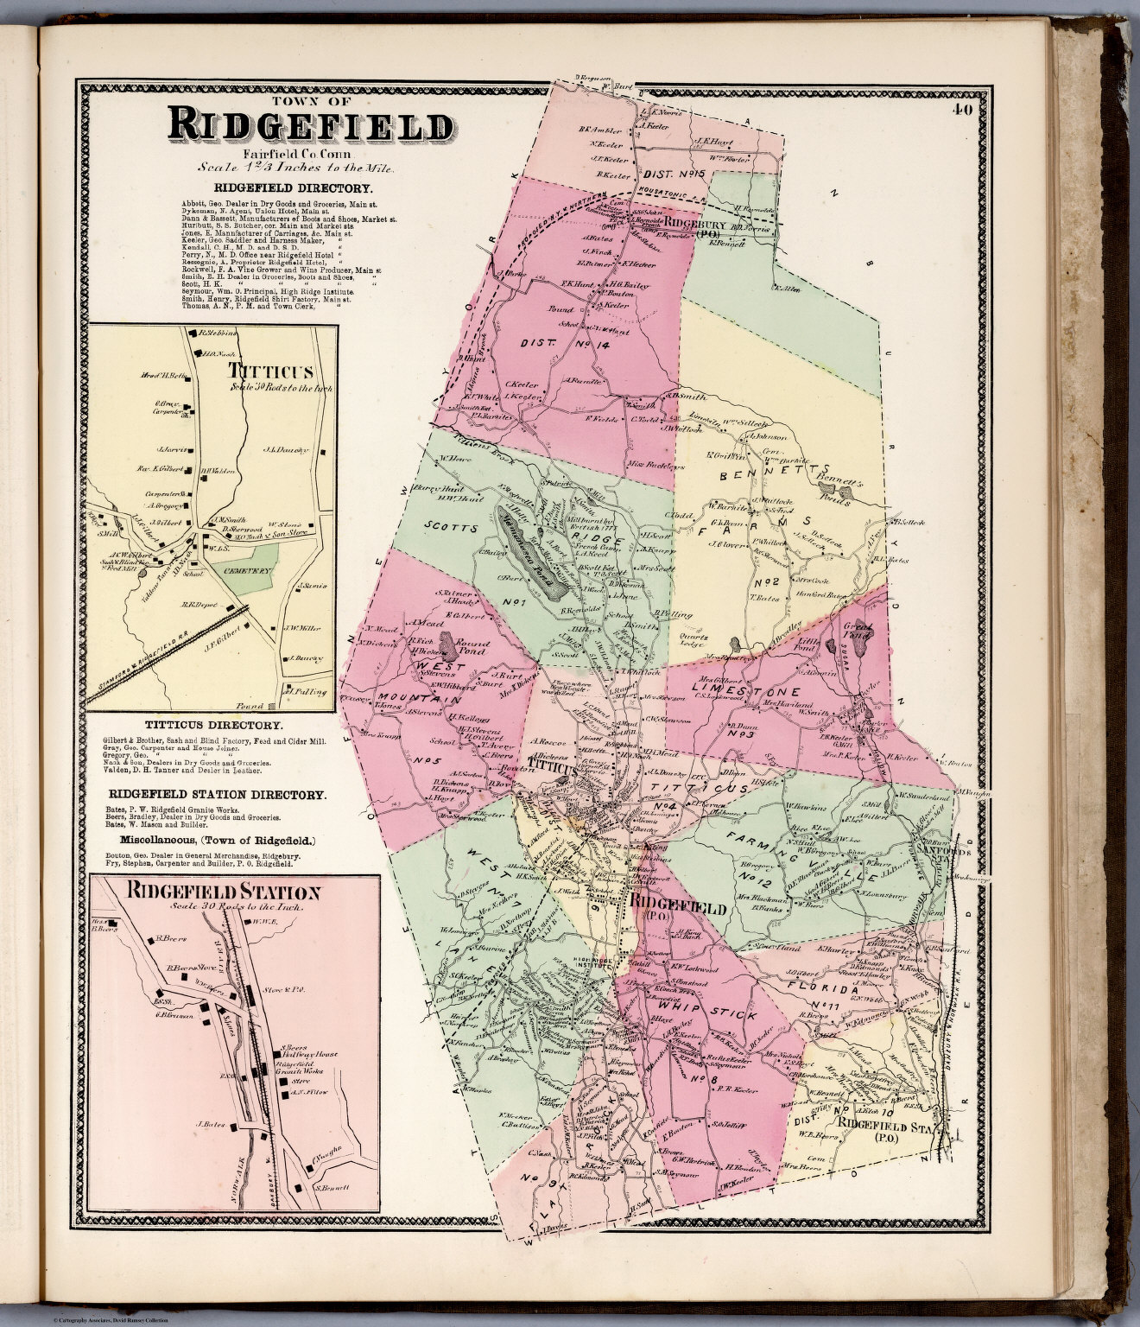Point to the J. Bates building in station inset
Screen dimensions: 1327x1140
point(244,1128)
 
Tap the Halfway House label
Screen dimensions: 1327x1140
point(313,1055)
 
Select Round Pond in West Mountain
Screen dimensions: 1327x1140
point(450,644)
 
